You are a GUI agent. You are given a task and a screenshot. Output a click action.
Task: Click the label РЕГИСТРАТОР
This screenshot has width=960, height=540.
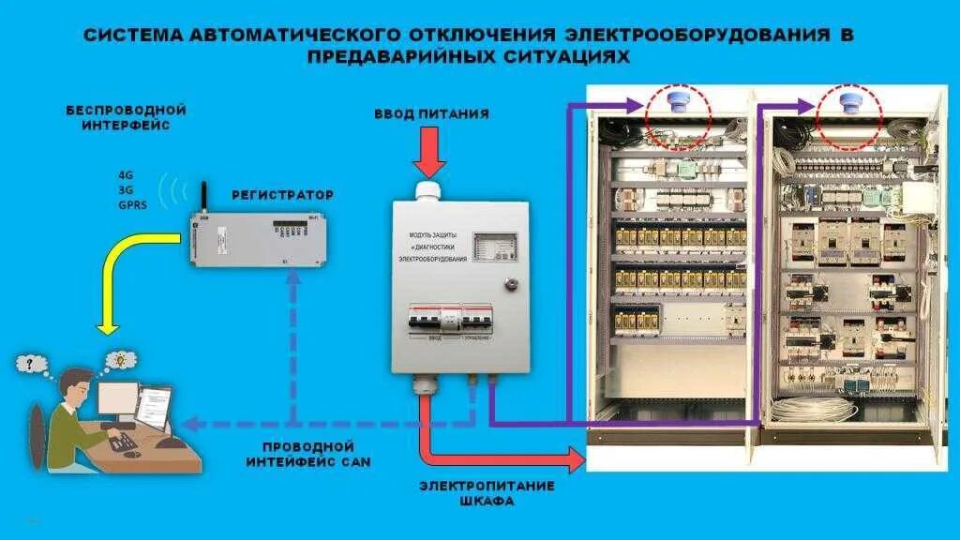282,195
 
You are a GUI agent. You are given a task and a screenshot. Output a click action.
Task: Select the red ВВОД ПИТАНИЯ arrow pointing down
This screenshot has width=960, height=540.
430,153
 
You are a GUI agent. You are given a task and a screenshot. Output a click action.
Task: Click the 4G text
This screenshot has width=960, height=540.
126,175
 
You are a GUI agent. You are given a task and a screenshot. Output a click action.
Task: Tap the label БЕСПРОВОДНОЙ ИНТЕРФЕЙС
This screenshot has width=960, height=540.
126,117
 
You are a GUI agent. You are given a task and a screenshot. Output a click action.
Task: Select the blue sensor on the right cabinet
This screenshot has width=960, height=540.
850,101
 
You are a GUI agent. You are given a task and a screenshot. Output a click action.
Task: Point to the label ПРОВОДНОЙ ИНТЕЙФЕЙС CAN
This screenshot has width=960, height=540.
308,455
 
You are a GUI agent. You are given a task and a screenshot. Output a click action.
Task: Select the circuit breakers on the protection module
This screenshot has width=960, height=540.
445,320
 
